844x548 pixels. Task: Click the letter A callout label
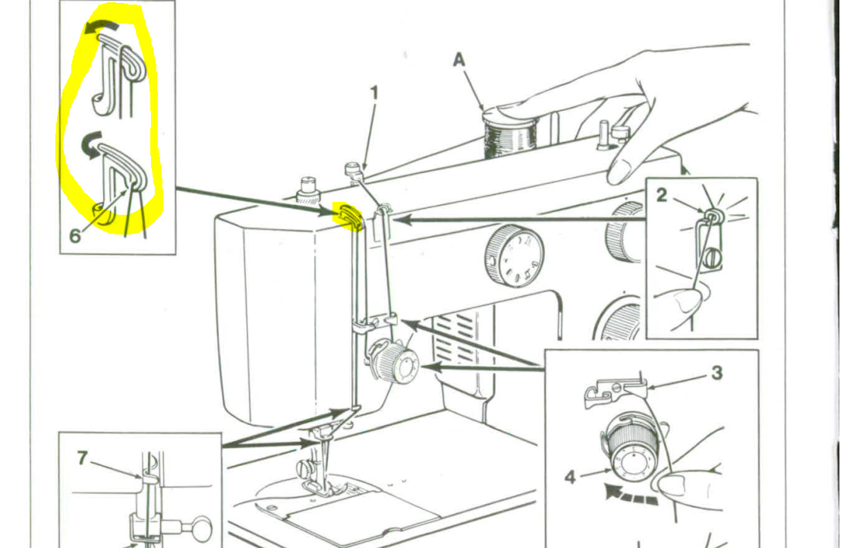pos(458,58)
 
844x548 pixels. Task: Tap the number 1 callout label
pos(374,93)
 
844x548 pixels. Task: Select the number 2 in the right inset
pos(662,195)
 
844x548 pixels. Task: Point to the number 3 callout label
pos(716,373)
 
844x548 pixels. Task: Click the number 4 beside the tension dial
pos(570,477)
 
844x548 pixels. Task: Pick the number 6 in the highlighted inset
pos(75,235)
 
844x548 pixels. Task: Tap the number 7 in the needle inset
pos(82,458)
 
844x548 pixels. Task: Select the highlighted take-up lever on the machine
pos(348,216)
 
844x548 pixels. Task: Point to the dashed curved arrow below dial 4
pos(630,494)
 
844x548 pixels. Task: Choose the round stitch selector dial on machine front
pos(514,256)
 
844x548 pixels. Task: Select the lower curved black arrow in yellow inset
pos(90,144)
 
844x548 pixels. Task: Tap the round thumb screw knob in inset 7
pos(201,528)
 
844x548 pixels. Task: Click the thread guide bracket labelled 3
pos(613,390)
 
